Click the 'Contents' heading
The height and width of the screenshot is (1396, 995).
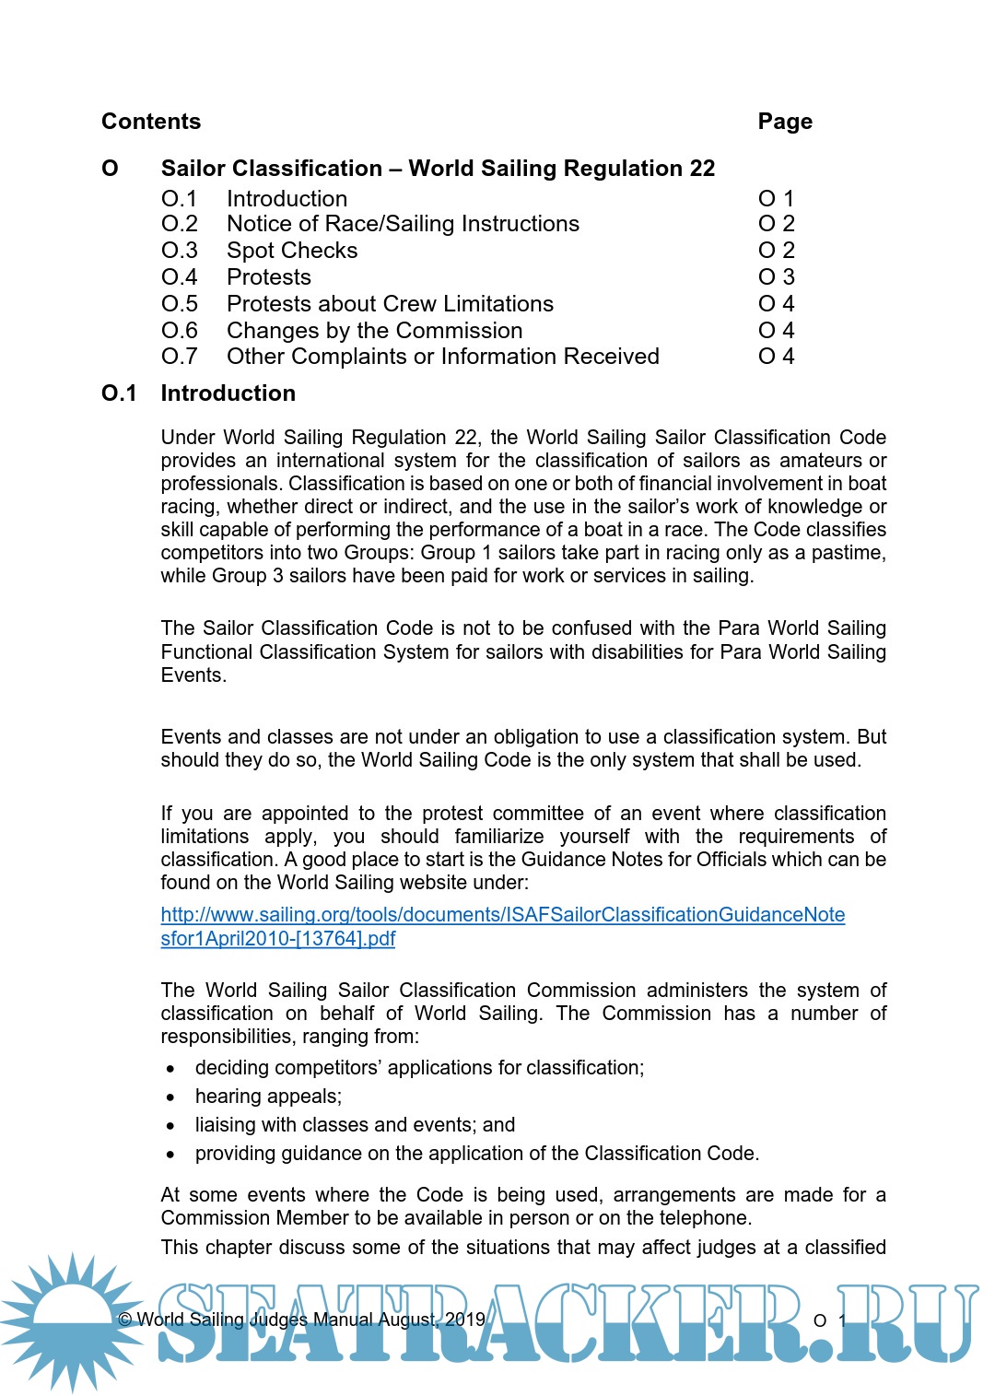(151, 122)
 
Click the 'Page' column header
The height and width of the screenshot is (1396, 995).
(785, 122)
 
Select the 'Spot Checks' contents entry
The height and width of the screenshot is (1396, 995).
(292, 251)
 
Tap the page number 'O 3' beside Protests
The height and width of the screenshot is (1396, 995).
(776, 277)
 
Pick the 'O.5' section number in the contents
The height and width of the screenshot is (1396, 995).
(180, 304)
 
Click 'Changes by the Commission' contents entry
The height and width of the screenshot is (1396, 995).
(374, 331)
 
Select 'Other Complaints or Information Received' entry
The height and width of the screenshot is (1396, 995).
(442, 357)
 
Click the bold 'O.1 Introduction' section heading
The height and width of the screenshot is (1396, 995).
(198, 393)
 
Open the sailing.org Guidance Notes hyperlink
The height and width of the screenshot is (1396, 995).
(502, 915)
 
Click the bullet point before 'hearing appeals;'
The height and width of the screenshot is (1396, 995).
(170, 1097)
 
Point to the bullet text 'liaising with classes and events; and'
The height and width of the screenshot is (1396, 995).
(355, 1125)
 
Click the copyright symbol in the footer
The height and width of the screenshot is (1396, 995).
(125, 1320)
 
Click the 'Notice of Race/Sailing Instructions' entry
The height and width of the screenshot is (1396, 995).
(403, 224)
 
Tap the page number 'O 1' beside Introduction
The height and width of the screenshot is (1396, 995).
(776, 199)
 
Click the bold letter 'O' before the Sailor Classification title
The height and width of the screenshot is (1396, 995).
(110, 169)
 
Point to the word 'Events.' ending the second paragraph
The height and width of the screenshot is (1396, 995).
(193, 675)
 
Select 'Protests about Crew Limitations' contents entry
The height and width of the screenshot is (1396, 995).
(390, 304)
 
